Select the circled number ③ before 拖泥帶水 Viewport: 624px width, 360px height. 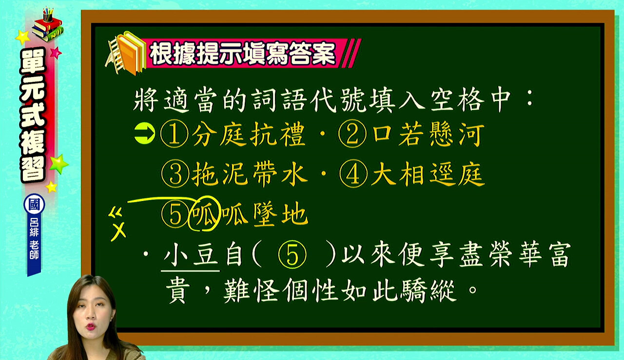[x=175, y=174]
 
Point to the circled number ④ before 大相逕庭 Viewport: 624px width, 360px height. [x=353, y=174]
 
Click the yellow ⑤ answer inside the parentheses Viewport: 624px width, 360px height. [x=292, y=255]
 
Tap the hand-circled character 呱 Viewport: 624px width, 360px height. [x=204, y=214]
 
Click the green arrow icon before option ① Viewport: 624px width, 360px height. [x=145, y=134]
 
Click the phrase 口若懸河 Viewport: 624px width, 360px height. [x=428, y=134]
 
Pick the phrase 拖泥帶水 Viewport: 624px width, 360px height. [x=249, y=174]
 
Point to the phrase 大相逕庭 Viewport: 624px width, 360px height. [x=428, y=174]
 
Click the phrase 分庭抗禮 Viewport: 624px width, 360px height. [x=249, y=134]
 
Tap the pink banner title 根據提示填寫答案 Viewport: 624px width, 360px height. [x=242, y=54]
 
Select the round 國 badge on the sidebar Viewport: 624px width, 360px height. [x=34, y=204]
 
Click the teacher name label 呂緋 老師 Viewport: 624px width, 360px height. [x=34, y=239]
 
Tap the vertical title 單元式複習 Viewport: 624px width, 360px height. [x=33, y=115]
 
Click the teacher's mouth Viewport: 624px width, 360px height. [x=91, y=326]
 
